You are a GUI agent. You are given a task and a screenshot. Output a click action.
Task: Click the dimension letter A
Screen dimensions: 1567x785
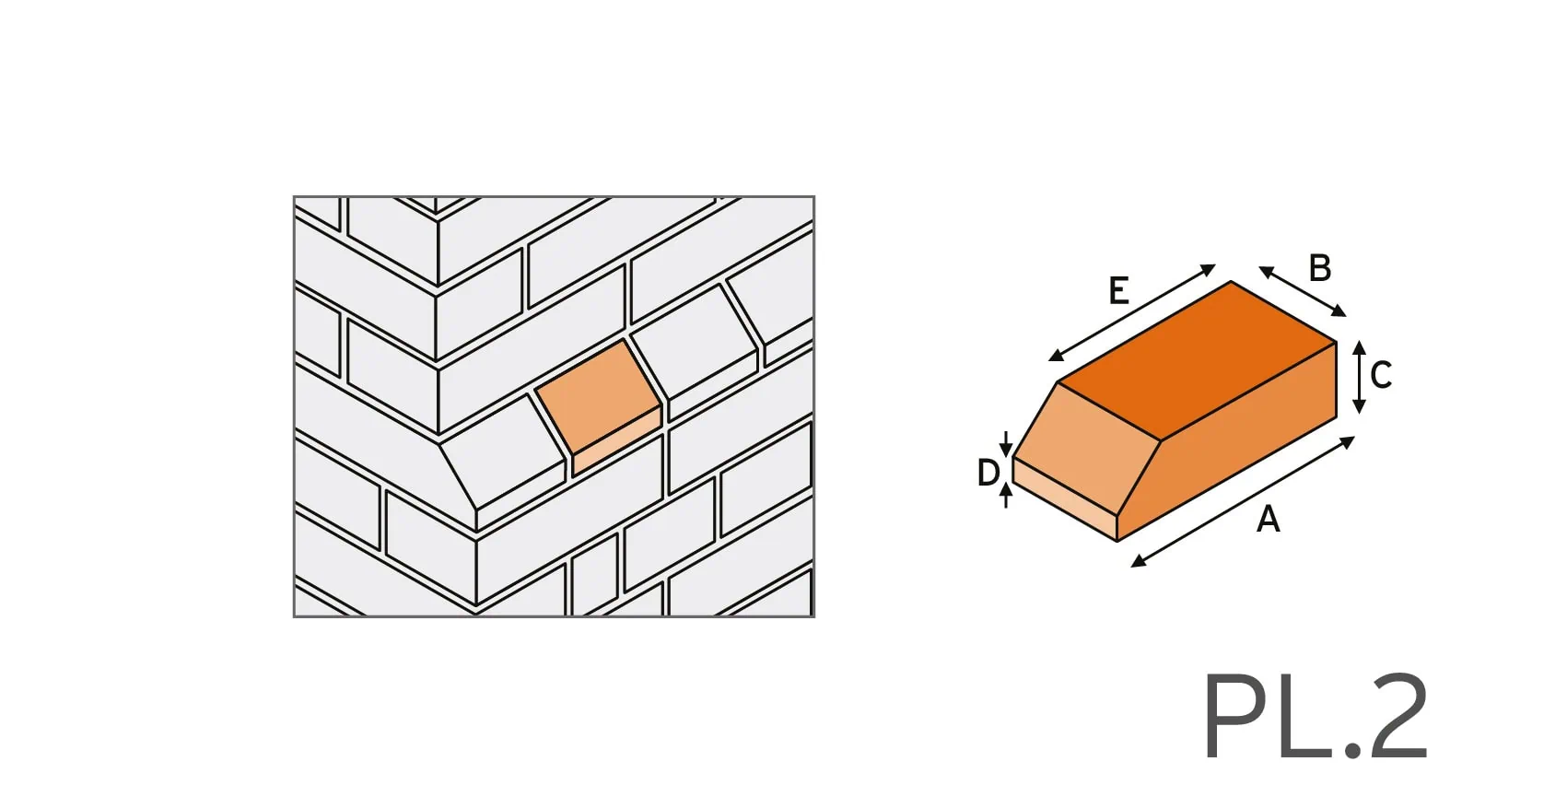click(1269, 520)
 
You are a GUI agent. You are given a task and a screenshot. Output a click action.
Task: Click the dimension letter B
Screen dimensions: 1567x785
click(1319, 268)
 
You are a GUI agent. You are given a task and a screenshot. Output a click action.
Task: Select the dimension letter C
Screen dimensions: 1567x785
click(1381, 375)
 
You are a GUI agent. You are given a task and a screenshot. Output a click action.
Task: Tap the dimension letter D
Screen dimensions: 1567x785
click(988, 473)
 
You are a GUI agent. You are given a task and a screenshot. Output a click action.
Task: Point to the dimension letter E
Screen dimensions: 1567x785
click(1119, 290)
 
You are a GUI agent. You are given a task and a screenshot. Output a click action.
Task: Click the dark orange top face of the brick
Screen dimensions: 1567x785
click(1198, 359)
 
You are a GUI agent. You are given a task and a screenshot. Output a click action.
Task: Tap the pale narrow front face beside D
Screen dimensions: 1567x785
click(1065, 498)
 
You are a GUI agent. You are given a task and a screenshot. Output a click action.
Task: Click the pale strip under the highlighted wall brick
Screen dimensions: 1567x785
click(617, 441)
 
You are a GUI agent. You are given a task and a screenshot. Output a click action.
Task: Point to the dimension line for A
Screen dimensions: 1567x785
click(1243, 501)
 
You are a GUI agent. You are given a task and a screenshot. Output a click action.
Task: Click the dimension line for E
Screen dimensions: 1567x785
click(1132, 312)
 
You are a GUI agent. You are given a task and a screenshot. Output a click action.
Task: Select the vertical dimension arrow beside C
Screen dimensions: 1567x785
click(1359, 377)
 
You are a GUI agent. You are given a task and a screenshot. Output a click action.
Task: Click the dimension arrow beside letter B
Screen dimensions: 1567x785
click(1302, 291)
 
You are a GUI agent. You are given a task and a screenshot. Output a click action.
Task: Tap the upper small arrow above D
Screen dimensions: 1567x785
click(1005, 443)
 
